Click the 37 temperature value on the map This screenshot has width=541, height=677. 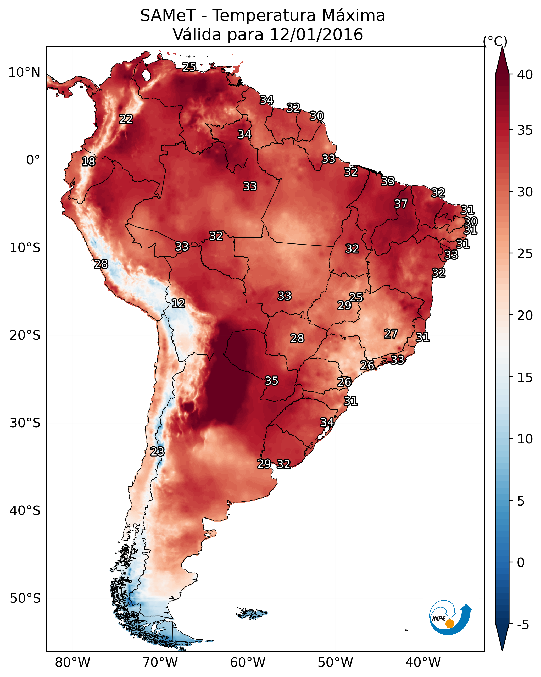pyautogui.click(x=401, y=204)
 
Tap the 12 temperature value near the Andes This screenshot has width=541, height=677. pyautogui.click(x=178, y=303)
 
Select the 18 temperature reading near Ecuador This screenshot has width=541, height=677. pyautogui.click(x=88, y=162)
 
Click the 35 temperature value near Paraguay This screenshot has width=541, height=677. pyautogui.click(x=271, y=381)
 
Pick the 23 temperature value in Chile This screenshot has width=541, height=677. pyautogui.click(x=157, y=451)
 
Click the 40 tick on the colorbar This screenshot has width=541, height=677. pyautogui.click(x=525, y=75)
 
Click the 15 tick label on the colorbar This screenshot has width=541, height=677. pyautogui.click(x=525, y=378)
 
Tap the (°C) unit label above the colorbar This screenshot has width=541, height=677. pyautogui.click(x=495, y=41)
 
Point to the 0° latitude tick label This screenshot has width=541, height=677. pyautogui.click(x=33, y=160)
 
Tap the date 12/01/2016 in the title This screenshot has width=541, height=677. pyautogui.click(x=316, y=35)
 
